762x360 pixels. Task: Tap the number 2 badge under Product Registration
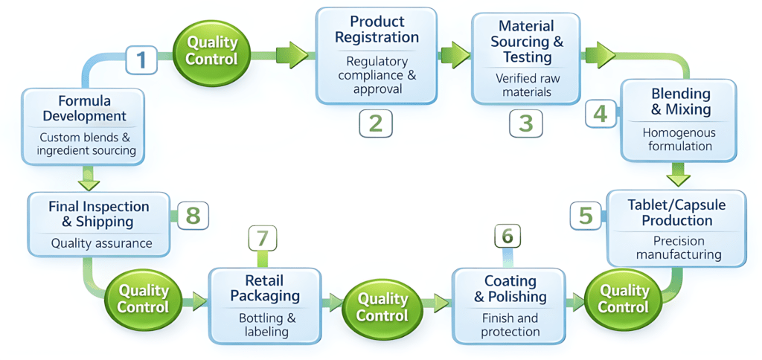click(x=375, y=123)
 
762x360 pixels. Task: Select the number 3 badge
click(x=525, y=123)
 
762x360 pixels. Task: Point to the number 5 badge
click(x=586, y=215)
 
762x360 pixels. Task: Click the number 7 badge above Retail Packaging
click(x=262, y=239)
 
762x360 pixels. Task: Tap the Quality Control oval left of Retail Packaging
click(x=144, y=298)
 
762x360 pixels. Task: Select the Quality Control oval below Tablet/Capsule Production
click(x=624, y=298)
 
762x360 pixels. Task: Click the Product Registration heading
click(x=376, y=29)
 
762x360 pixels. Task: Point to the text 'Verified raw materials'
click(x=525, y=85)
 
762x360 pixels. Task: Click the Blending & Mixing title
click(x=680, y=102)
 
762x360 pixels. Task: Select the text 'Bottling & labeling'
click(x=266, y=324)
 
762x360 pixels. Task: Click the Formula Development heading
click(x=84, y=108)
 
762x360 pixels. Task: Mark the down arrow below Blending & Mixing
click(x=678, y=177)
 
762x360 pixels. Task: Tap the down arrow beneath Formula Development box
click(x=89, y=177)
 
